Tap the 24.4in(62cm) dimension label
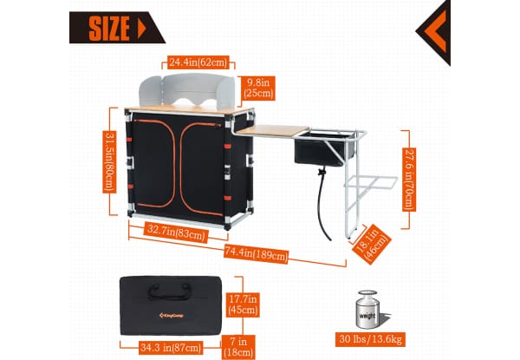point(198,62)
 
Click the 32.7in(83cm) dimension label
point(175,232)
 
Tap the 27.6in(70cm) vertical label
point(408,179)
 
